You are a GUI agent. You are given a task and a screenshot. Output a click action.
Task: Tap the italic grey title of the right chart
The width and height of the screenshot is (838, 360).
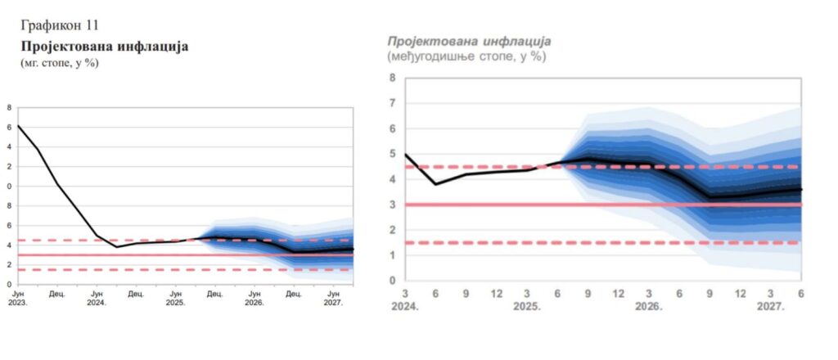(x=468, y=41)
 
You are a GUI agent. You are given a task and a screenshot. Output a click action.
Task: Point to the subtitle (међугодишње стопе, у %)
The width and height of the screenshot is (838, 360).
(x=466, y=56)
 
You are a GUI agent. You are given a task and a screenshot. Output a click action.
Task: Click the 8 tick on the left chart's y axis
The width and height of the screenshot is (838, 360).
(x=9, y=107)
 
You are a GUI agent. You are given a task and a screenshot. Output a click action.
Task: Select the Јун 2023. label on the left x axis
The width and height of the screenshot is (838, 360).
(x=17, y=297)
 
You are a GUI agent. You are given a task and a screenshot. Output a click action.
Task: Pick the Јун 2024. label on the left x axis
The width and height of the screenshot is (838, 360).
(x=96, y=297)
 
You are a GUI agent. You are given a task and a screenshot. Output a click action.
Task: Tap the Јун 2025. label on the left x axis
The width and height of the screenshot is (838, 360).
(x=175, y=297)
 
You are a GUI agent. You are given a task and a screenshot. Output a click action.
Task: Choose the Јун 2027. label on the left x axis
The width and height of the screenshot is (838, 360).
(x=334, y=297)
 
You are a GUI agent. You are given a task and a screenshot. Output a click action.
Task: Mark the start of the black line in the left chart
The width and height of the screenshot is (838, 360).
(x=18, y=126)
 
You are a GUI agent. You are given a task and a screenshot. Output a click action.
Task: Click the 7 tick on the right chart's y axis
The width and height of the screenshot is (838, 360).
(x=393, y=103)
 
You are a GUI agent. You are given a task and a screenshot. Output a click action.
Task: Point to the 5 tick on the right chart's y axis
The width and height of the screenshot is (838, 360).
(x=393, y=154)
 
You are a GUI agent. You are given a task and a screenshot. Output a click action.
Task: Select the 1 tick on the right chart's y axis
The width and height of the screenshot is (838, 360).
(x=393, y=255)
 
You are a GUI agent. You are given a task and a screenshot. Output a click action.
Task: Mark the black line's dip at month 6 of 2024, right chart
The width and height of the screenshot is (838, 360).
(x=436, y=184)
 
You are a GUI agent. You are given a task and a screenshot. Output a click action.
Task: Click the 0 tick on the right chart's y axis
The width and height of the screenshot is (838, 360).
(x=393, y=281)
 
